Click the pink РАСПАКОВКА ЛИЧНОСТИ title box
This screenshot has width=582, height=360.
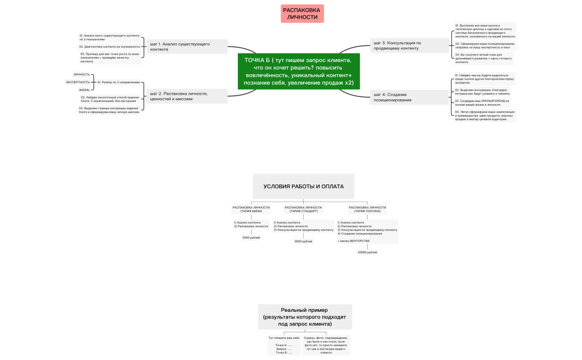point(302,13)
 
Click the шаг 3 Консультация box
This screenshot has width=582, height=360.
point(409,45)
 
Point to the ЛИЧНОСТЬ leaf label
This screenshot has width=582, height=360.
point(81,74)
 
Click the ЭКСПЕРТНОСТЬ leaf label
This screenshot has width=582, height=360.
point(78,82)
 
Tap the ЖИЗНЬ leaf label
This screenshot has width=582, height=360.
point(84,90)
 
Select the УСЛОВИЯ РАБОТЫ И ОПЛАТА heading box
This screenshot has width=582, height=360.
point(303,187)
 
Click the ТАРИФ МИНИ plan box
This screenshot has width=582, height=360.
point(251,209)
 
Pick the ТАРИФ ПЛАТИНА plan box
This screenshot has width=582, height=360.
point(367,209)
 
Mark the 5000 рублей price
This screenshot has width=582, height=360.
point(251,238)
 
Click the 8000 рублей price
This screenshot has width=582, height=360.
point(303,241)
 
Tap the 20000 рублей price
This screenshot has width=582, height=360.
point(367,252)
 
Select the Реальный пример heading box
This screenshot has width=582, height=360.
point(304,317)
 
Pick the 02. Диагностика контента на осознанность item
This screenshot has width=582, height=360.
point(109,47)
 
